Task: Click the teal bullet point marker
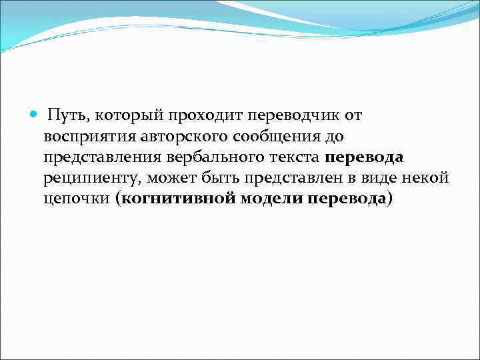pos(34,115)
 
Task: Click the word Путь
pos(68,116)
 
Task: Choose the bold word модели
pos(271,199)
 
